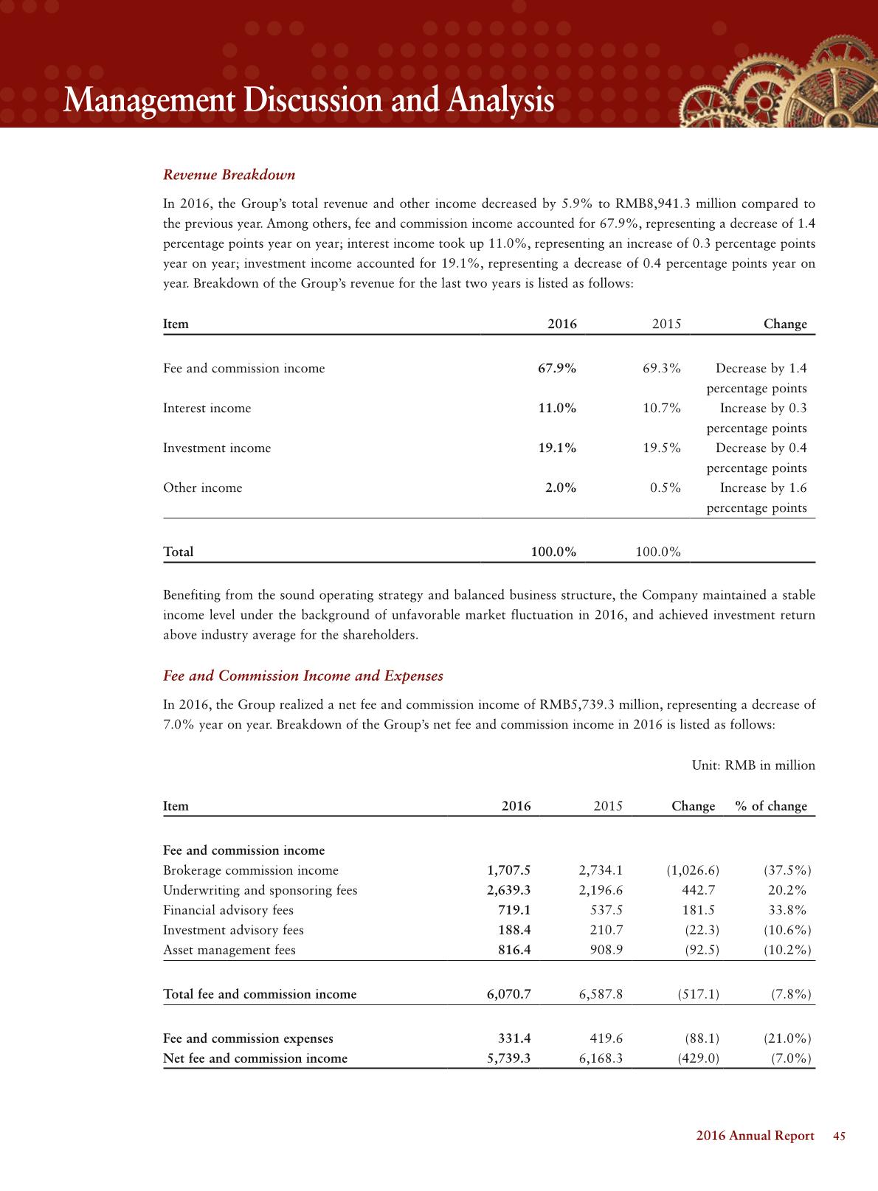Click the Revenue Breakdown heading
[229, 175]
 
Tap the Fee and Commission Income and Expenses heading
[303, 676]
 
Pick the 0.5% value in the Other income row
[665, 487]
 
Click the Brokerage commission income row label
[250, 870]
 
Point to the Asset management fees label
[229, 950]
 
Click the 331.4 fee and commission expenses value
[514, 1038]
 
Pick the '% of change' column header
[771, 806]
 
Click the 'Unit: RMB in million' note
[753, 765]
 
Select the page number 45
[839, 1136]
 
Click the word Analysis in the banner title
[499, 101]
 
